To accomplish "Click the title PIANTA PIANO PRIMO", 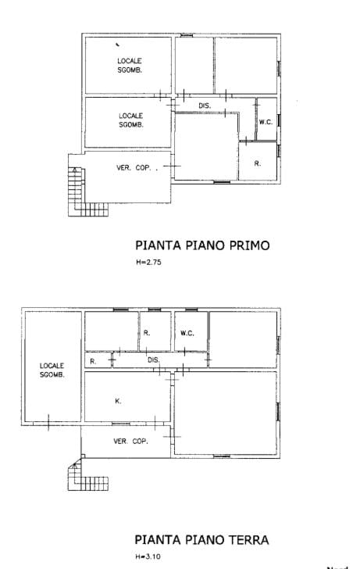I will [x=202, y=245].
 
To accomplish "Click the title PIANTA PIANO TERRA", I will [x=201, y=539].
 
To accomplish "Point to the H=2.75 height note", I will [x=148, y=263].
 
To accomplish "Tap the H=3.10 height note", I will [x=148, y=556].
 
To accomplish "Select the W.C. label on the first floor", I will [x=265, y=122].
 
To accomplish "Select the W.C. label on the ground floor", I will [x=187, y=333].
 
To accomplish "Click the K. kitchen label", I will [x=118, y=401].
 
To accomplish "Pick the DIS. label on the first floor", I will [x=205, y=106].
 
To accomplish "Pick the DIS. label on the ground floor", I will [x=154, y=360].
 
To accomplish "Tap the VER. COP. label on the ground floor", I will [x=130, y=442].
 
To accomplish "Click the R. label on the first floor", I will [x=257, y=163].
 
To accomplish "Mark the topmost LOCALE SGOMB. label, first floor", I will [x=130, y=65].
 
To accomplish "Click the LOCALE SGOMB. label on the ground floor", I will [x=52, y=370].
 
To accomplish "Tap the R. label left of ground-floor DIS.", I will [x=94, y=361].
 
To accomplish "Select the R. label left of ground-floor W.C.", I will [x=146, y=333].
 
